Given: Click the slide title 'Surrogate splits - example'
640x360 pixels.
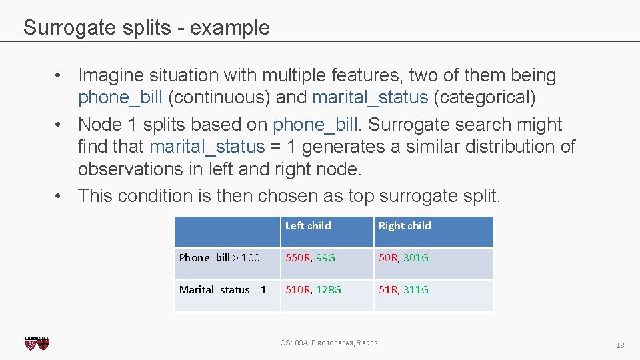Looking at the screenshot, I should (146, 27).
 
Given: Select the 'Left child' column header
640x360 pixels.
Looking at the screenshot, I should (308, 226).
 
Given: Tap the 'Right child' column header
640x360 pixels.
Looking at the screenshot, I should (405, 226).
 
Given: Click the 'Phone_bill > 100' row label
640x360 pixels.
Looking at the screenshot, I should (219, 258).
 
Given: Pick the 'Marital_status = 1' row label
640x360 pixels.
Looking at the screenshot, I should (223, 290).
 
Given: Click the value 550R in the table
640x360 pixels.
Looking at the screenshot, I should (298, 258).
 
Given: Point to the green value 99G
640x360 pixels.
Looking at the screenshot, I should (325, 258).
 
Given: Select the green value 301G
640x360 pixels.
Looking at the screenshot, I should (416, 258).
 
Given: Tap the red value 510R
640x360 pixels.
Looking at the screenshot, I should (298, 290).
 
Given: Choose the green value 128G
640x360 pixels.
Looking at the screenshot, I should (328, 290).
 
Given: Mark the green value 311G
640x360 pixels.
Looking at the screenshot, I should (416, 290).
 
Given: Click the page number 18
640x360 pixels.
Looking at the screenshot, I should (620, 345).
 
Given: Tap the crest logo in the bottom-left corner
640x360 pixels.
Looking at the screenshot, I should (37, 343).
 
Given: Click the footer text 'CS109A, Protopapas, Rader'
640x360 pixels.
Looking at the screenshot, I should (329, 343).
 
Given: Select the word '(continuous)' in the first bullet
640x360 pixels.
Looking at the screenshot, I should (219, 97).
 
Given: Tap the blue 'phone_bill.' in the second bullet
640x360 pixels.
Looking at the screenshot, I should (317, 125).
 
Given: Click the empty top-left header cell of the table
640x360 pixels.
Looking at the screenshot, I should (227, 231).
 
